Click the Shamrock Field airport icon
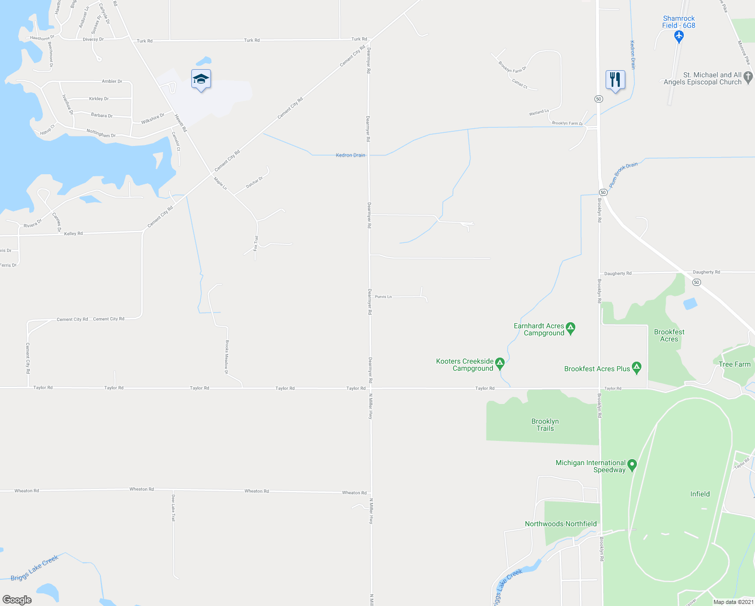(679, 36)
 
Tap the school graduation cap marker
(201, 79)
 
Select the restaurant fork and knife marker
(615, 80)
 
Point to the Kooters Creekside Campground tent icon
(500, 363)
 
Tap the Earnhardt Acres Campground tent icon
(571, 328)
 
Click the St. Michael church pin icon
(748, 77)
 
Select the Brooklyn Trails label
(545, 425)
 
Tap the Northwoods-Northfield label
(561, 524)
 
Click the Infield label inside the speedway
(700, 494)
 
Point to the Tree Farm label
(734, 364)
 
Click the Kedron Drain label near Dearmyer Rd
(350, 155)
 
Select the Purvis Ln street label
(383, 296)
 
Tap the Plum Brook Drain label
(623, 175)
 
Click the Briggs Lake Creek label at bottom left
(34, 568)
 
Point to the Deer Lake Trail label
(173, 508)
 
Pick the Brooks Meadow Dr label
(227, 357)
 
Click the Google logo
(17, 600)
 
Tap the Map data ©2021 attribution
(733, 602)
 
